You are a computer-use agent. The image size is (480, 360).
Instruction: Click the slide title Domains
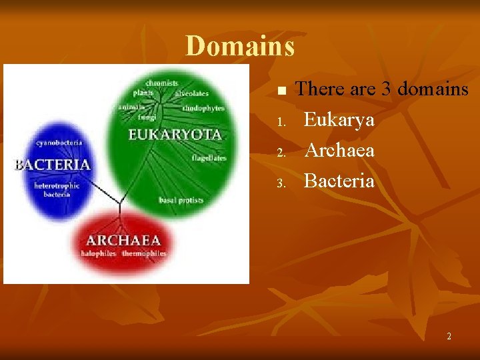240,46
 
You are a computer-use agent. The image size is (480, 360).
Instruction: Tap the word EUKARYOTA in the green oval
175,135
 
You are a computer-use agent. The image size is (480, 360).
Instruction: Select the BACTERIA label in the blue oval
53,164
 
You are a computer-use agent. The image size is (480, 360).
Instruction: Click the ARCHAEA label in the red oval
123,240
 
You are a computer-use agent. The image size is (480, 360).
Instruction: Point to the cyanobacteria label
59,143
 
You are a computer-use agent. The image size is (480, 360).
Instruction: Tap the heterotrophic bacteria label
57,190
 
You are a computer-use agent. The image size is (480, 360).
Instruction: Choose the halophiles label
99,253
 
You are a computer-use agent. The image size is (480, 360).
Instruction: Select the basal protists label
181,200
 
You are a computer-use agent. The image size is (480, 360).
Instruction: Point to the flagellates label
209,158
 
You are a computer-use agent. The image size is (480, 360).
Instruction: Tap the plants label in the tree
143,93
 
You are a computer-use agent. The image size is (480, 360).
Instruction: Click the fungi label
147,117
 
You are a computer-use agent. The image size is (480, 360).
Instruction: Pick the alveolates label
192,94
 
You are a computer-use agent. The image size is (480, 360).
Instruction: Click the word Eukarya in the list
339,120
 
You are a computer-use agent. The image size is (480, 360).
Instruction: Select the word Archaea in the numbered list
339,151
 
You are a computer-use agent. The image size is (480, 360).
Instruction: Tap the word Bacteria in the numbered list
339,181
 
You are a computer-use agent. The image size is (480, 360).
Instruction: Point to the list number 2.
281,153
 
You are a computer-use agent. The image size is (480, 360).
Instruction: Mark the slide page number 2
449,336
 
